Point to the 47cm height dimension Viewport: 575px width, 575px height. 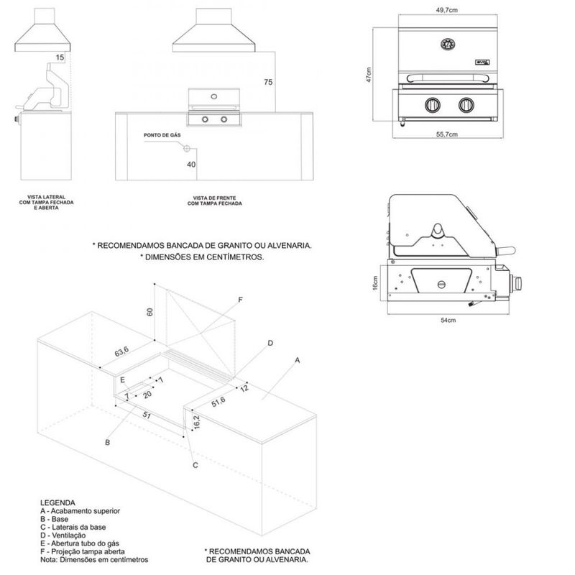367,75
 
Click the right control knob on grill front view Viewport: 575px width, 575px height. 467,104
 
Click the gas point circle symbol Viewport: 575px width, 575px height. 187,148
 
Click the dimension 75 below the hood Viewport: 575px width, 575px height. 268,83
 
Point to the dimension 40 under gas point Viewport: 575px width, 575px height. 191,165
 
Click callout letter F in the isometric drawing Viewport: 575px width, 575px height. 241,299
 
